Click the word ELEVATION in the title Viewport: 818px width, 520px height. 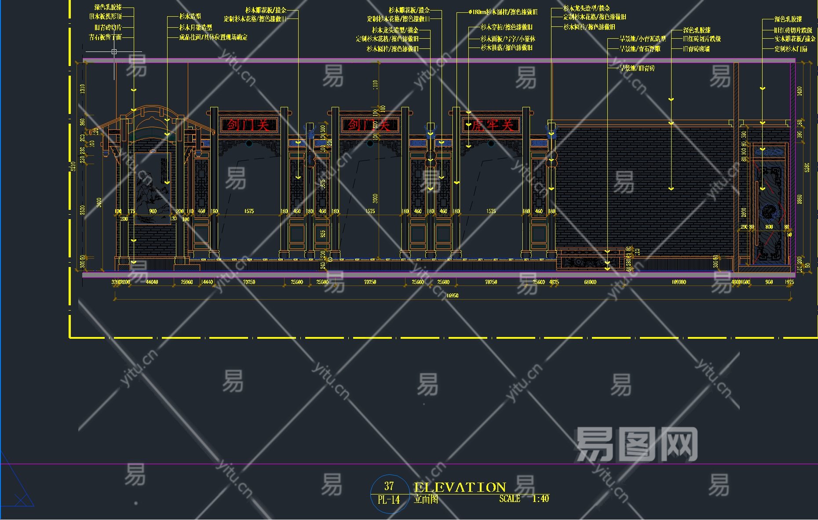(460, 487)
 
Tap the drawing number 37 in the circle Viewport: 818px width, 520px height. (389, 486)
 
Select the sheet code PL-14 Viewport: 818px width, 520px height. (389, 500)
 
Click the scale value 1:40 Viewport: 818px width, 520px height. (540, 499)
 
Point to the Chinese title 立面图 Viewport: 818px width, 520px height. (426, 499)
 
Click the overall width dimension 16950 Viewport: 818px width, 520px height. (452, 296)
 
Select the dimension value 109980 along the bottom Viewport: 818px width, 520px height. (679, 282)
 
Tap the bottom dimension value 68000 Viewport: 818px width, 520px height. (590, 282)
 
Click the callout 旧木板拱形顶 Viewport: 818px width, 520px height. (106, 17)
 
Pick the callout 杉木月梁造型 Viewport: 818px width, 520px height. (195, 27)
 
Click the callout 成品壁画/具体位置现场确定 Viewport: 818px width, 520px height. (213, 37)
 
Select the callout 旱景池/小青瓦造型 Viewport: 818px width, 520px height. (643, 39)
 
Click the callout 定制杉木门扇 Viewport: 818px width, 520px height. (791, 49)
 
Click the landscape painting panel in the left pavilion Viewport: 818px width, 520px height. (152, 188)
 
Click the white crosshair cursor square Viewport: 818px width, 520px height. (114, 52)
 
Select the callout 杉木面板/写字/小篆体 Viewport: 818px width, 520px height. (508, 39)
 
